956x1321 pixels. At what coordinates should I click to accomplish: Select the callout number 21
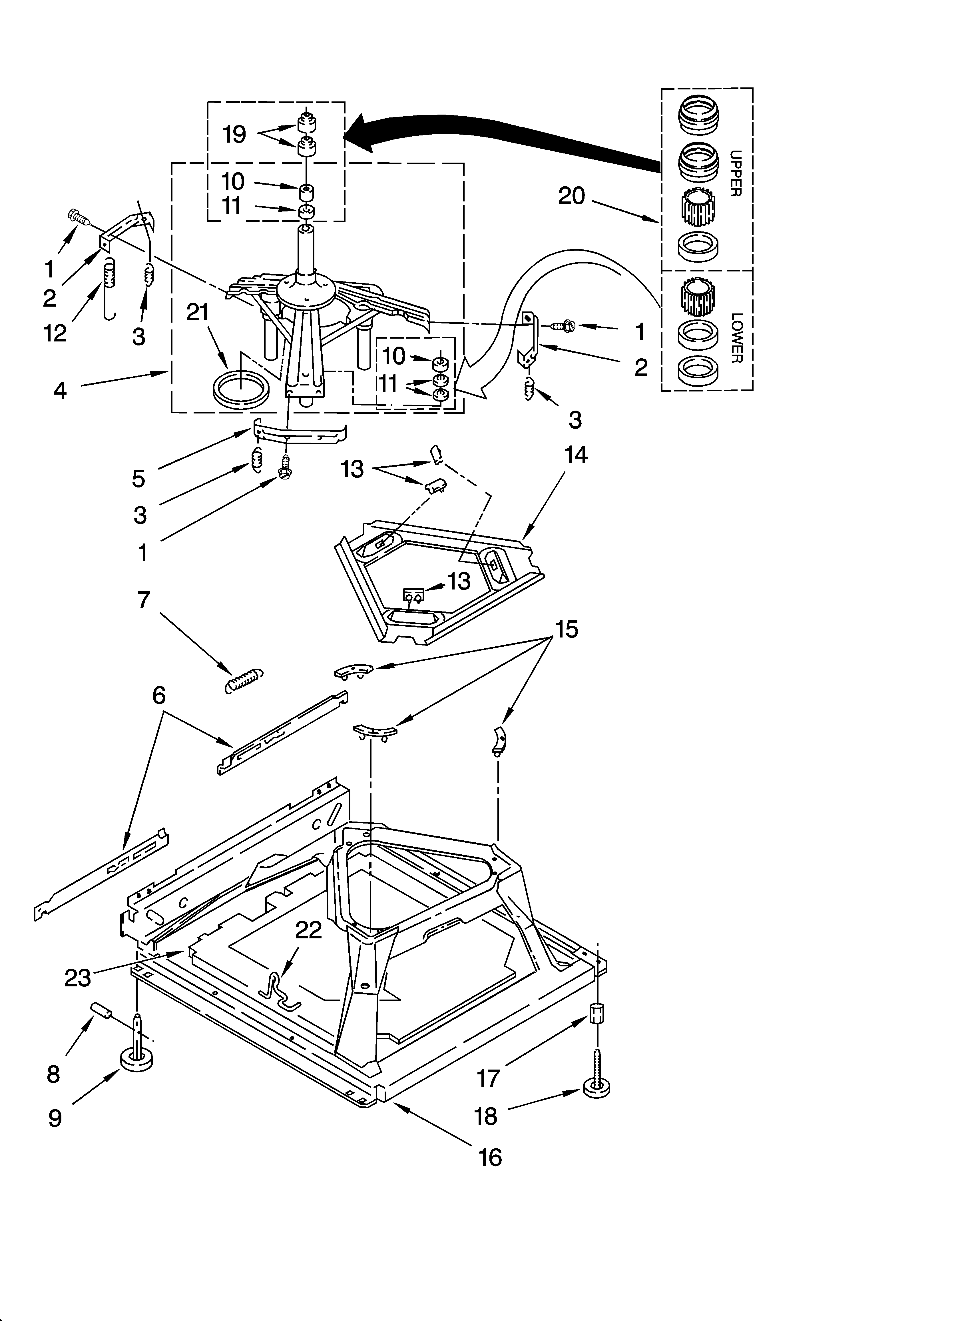click(197, 313)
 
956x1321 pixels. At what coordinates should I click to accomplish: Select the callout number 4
click(60, 390)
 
